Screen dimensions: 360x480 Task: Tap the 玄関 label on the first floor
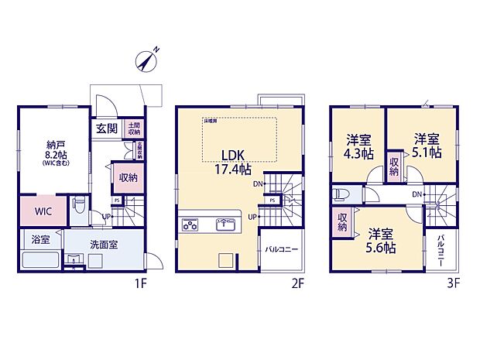tap(107, 129)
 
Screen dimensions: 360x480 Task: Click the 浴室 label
tap(41, 241)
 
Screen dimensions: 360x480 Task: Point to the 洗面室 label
tap(102, 244)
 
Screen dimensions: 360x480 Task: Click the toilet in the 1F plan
tap(78, 207)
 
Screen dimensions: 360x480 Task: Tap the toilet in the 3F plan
tap(339, 194)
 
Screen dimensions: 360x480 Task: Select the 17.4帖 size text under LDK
tap(233, 169)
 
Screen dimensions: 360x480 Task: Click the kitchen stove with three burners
tap(191, 225)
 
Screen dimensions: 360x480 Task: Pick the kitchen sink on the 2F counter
tap(226, 225)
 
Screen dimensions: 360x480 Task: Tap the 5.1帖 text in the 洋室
tap(427, 153)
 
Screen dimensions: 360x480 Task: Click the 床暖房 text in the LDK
tap(210, 121)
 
